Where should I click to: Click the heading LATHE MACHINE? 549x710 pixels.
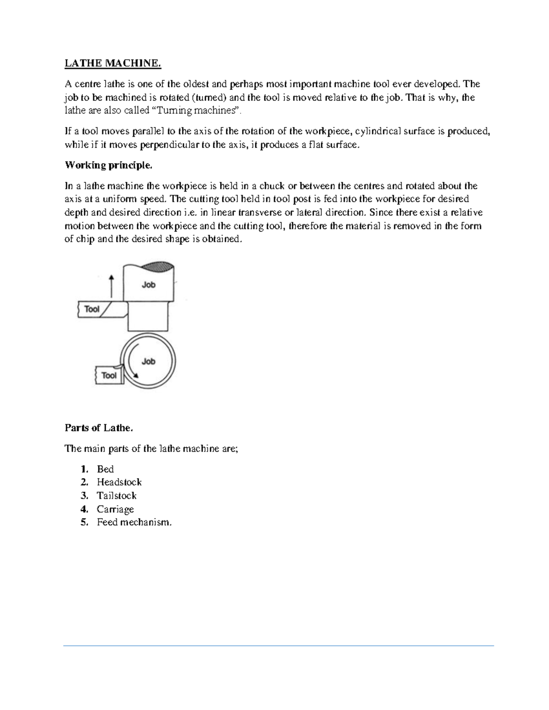[113, 64]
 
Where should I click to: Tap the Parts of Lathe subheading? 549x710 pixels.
[99, 428]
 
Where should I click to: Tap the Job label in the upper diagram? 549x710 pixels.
[149, 284]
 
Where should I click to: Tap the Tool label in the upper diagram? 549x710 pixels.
[92, 309]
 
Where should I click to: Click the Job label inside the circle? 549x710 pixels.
[149, 361]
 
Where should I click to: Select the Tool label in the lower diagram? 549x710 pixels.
[109, 375]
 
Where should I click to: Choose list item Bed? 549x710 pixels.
[105, 469]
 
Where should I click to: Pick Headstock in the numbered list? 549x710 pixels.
[119, 482]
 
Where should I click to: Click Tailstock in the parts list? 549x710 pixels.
[117, 496]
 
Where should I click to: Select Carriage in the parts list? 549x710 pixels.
[115, 509]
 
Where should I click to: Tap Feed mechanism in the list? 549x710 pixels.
[134, 522]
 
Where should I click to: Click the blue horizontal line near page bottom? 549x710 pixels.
[279, 646]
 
